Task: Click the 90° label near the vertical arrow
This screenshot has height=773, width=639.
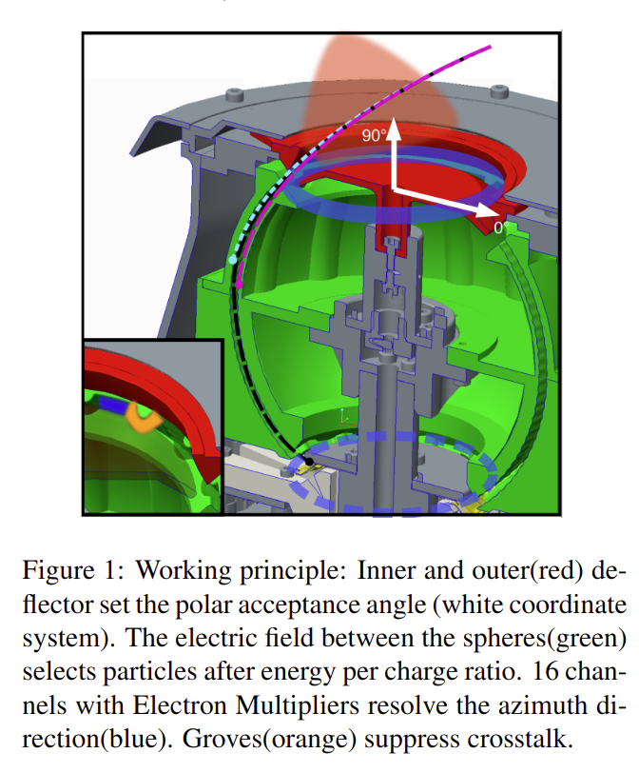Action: (x=374, y=134)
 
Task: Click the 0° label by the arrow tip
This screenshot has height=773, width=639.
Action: (x=501, y=228)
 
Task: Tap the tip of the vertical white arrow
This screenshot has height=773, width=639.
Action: (x=393, y=119)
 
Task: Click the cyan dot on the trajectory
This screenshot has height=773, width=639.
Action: (x=233, y=260)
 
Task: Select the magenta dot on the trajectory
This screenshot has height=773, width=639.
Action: (x=240, y=285)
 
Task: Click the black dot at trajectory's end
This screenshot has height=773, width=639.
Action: (x=309, y=462)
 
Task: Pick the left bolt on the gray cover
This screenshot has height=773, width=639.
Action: (x=234, y=93)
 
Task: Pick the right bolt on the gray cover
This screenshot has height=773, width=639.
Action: (x=499, y=90)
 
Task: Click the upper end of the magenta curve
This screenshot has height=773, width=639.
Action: (x=490, y=48)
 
